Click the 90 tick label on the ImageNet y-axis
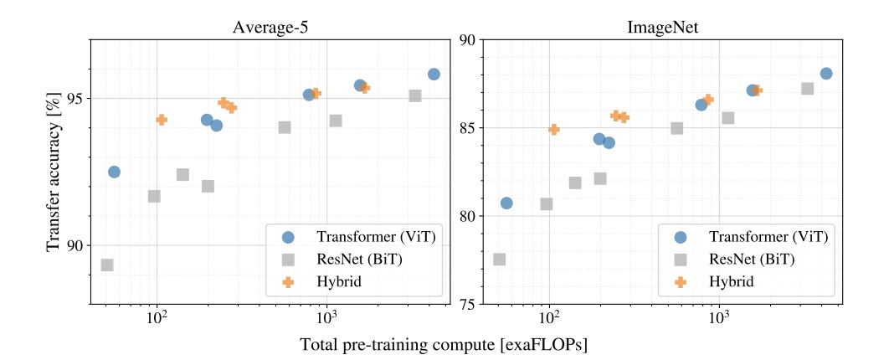click(x=469, y=40)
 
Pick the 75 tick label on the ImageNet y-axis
click(x=469, y=304)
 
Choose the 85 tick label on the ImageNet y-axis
click(x=469, y=128)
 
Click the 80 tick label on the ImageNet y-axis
click(x=469, y=216)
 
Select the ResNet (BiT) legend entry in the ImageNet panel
click(x=727, y=260)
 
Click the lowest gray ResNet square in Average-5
click(x=107, y=265)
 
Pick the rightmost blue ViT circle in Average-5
click(x=434, y=74)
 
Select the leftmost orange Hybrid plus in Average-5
click(x=162, y=120)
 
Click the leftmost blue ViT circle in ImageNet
click(x=506, y=203)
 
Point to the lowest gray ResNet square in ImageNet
click(x=500, y=259)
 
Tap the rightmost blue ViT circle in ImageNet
click(x=826, y=74)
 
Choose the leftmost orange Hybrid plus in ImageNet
click(x=554, y=129)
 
